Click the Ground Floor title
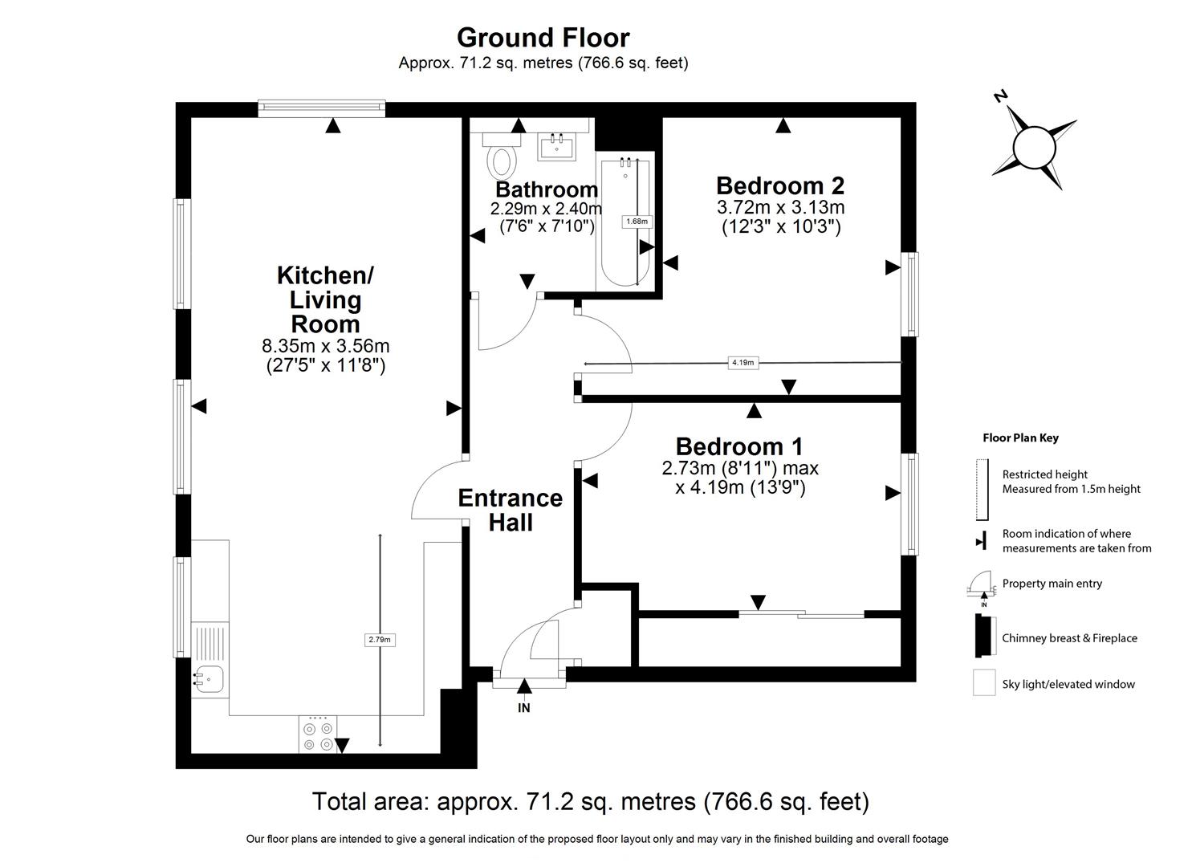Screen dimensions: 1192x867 543,38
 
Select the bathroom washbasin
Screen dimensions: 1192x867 556,146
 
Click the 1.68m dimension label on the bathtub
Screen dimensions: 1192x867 637,222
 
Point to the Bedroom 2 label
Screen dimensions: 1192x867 780,185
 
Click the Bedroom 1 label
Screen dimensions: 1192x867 739,446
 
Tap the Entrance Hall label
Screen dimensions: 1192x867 511,511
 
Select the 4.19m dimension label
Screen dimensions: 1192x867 742,363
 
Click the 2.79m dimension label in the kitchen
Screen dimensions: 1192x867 380,640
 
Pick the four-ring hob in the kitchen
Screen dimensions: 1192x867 318,735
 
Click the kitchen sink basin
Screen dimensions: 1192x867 210,679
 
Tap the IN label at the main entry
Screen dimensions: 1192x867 524,708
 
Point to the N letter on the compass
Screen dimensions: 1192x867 1001,96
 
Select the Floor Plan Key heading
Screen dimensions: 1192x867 1020,438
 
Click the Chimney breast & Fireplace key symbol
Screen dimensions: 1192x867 985,636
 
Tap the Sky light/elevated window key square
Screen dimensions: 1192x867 984,683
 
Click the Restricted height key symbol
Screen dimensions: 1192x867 982,490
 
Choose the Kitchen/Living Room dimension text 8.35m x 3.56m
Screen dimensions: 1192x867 326,346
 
